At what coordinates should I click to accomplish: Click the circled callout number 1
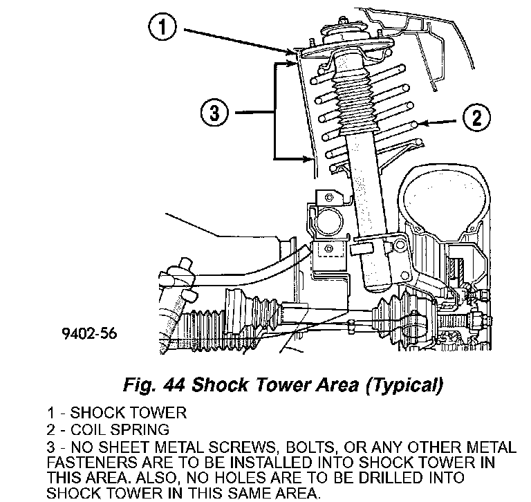coord(162,26)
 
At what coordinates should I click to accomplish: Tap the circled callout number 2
coord(476,117)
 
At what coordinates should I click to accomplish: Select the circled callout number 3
coord(215,112)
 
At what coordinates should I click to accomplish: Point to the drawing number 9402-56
coord(89,333)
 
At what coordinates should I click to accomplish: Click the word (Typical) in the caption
coord(404,386)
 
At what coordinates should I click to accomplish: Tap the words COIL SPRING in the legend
coord(120,429)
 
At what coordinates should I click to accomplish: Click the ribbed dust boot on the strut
coord(355,102)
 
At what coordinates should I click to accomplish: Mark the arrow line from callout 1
coord(238,41)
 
